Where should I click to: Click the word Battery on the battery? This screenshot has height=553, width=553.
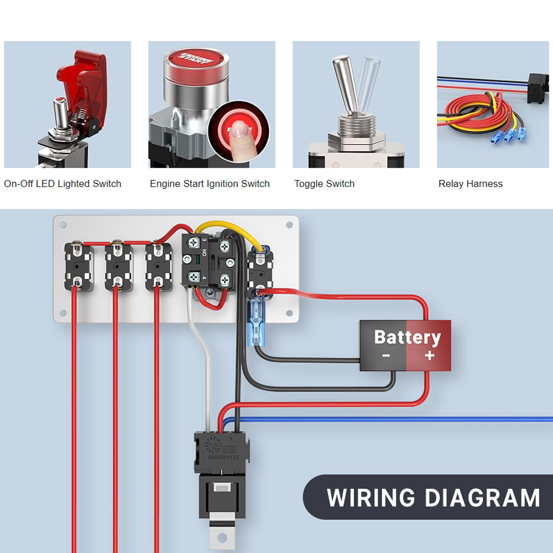(407, 337)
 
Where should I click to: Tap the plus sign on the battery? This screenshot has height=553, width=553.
(430, 355)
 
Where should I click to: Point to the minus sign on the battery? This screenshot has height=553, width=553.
(385, 356)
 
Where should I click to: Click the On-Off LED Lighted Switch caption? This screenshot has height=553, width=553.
(62, 184)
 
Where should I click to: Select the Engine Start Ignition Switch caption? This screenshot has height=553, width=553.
(210, 184)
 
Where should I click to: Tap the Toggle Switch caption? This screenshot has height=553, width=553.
(324, 184)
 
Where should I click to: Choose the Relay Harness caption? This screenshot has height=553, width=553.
(471, 184)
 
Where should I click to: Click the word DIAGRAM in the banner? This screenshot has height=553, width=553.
(482, 498)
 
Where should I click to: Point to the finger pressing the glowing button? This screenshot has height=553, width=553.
(239, 133)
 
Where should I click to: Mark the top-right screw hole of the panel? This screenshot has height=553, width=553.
(289, 225)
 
